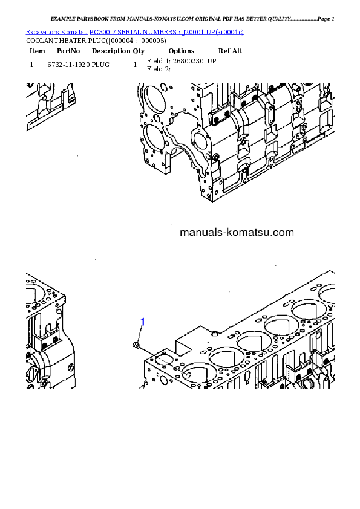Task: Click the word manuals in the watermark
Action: tap(200, 232)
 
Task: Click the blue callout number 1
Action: tap(143, 322)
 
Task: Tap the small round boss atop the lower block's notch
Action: tap(216, 332)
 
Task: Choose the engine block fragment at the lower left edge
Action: tap(48, 332)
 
